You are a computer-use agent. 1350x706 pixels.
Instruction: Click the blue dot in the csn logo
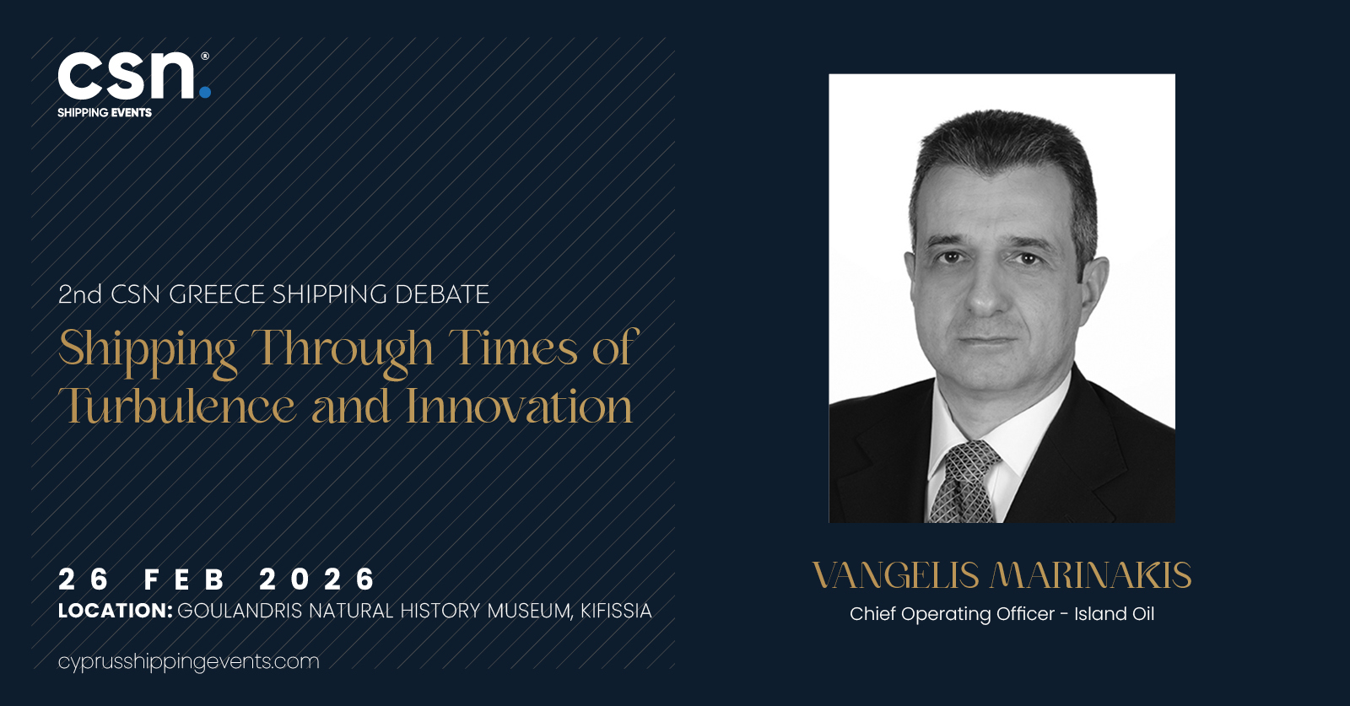coord(205,92)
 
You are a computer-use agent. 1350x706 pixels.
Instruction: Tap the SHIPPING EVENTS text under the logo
coord(105,113)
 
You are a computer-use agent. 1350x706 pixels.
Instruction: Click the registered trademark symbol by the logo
coord(205,56)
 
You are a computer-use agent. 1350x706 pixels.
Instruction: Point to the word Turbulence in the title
coord(176,406)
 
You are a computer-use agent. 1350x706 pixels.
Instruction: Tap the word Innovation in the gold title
coord(519,406)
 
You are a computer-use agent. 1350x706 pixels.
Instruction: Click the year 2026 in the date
coord(317,579)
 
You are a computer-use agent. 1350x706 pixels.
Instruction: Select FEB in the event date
coord(185,579)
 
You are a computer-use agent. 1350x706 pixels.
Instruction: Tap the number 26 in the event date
coord(84,579)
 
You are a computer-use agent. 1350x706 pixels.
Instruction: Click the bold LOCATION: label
coord(115,611)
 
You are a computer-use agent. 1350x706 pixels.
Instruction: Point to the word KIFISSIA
coord(616,611)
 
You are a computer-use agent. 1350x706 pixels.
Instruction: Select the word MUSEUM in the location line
coord(528,612)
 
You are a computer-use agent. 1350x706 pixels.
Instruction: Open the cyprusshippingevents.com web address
coord(189,662)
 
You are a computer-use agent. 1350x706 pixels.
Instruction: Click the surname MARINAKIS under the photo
coord(1091,575)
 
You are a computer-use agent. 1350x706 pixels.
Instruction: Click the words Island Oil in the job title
coord(1115,614)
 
